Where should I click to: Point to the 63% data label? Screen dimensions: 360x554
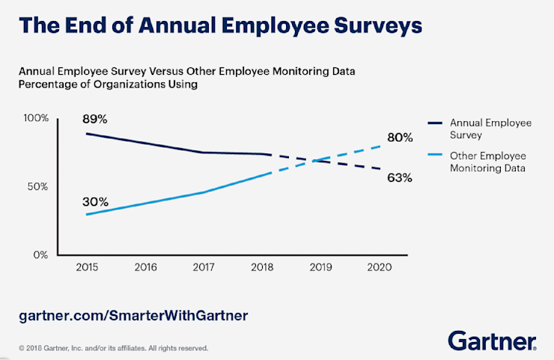pos(401,178)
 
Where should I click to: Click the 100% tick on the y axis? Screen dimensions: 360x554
pos(36,118)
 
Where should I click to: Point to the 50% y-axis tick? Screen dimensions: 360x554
pos(38,186)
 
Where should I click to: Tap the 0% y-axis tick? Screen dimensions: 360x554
pos(40,254)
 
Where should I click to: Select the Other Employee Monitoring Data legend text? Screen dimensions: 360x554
pos(488,162)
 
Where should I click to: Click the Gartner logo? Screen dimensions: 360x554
pos(492,341)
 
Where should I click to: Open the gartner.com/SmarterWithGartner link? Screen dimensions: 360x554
pos(133,315)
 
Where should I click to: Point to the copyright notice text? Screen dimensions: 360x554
pos(113,348)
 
